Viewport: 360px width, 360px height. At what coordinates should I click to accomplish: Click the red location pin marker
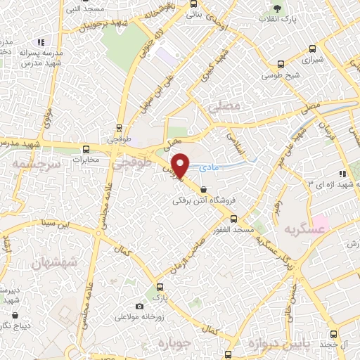coord(181,165)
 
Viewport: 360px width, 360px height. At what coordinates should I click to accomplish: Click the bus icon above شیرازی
coord(311,49)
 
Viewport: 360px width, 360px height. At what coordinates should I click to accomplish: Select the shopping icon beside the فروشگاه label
coord(203,189)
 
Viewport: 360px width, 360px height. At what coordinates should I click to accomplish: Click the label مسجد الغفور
coord(235,231)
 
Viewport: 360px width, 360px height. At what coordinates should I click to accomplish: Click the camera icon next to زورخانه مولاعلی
coord(140,307)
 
